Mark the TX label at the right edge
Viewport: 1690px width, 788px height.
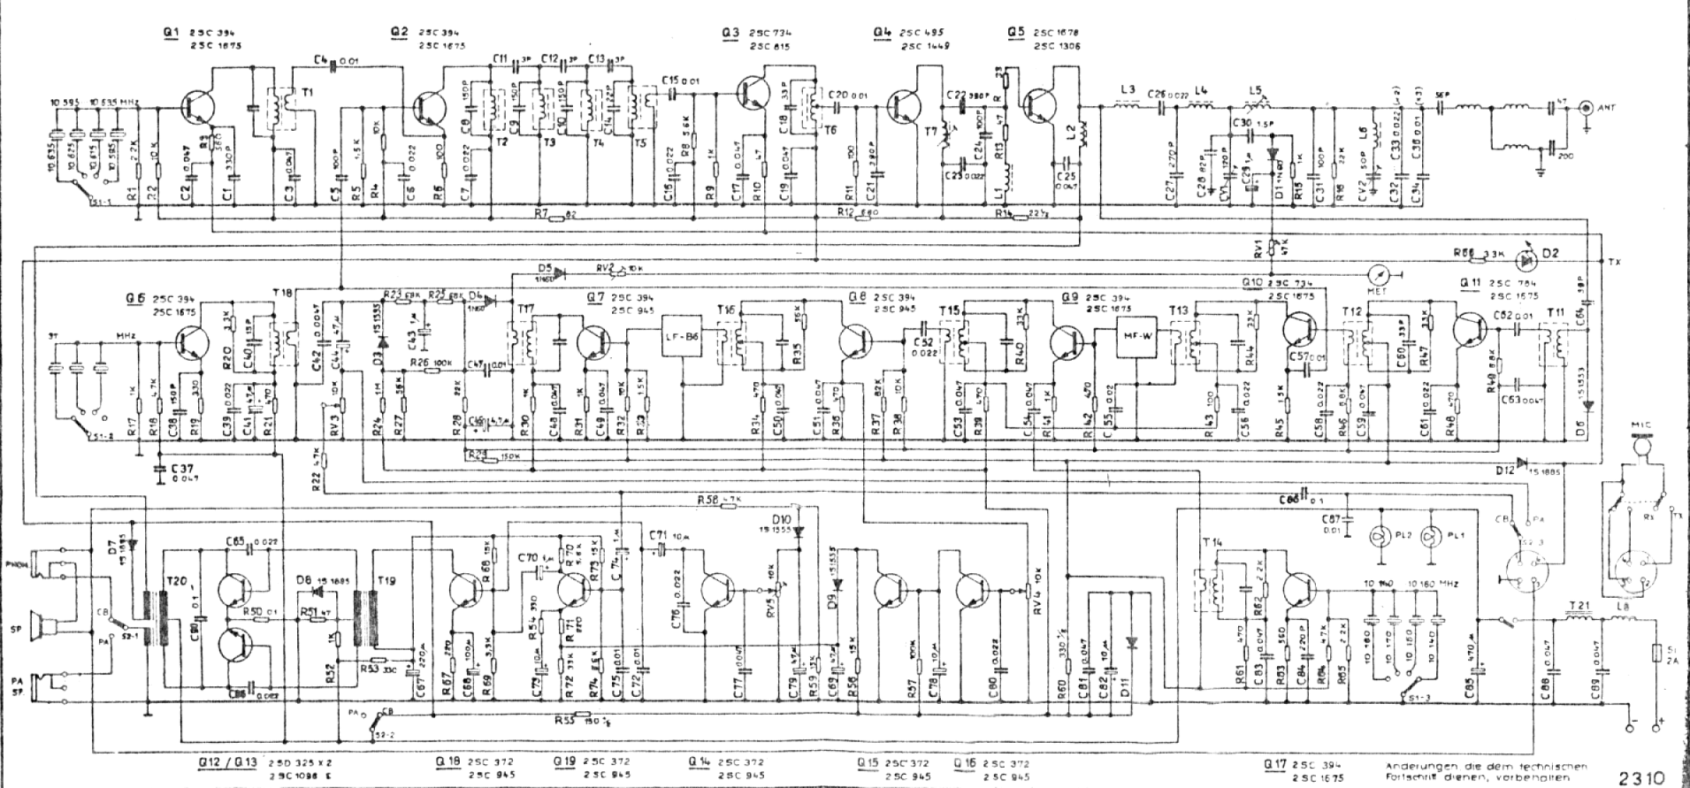(1616, 263)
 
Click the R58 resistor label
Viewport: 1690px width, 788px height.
(706, 500)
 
